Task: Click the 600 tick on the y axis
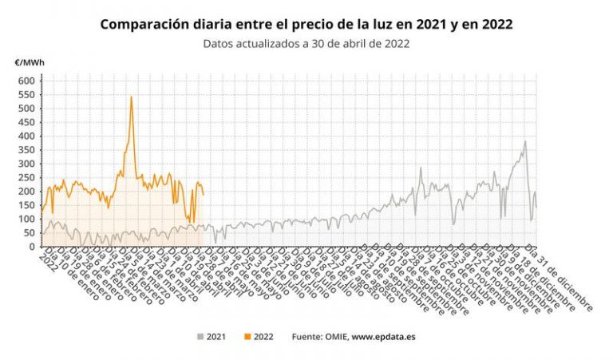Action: pos(27,81)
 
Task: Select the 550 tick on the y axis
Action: pos(27,94)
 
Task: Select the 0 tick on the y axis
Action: pos(32,247)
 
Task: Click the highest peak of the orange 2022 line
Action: pos(131,97)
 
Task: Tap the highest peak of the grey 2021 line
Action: pos(524,142)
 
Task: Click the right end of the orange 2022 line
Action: pos(204,195)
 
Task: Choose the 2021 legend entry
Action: pos(210,337)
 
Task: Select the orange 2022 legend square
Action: pos(245,337)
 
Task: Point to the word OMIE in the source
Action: pos(334,337)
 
